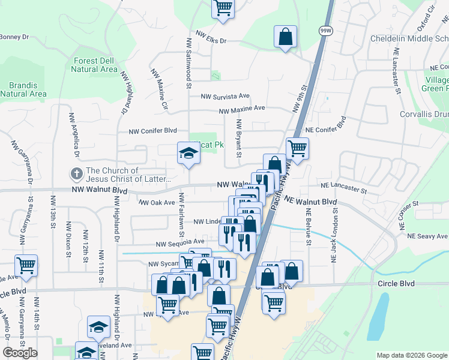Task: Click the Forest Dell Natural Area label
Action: point(94,65)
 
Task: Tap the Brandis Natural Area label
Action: point(23,89)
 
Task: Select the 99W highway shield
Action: point(325,31)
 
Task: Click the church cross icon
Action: point(77,174)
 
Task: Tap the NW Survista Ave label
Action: point(225,96)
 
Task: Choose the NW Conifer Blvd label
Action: point(153,131)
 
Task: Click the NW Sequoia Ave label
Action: point(180,244)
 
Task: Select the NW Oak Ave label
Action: point(157,203)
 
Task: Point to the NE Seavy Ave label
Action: point(427,236)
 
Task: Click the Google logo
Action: point(20,353)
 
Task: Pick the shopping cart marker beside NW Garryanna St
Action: point(26,265)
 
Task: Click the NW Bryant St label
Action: point(239,138)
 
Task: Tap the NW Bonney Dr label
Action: point(14,37)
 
